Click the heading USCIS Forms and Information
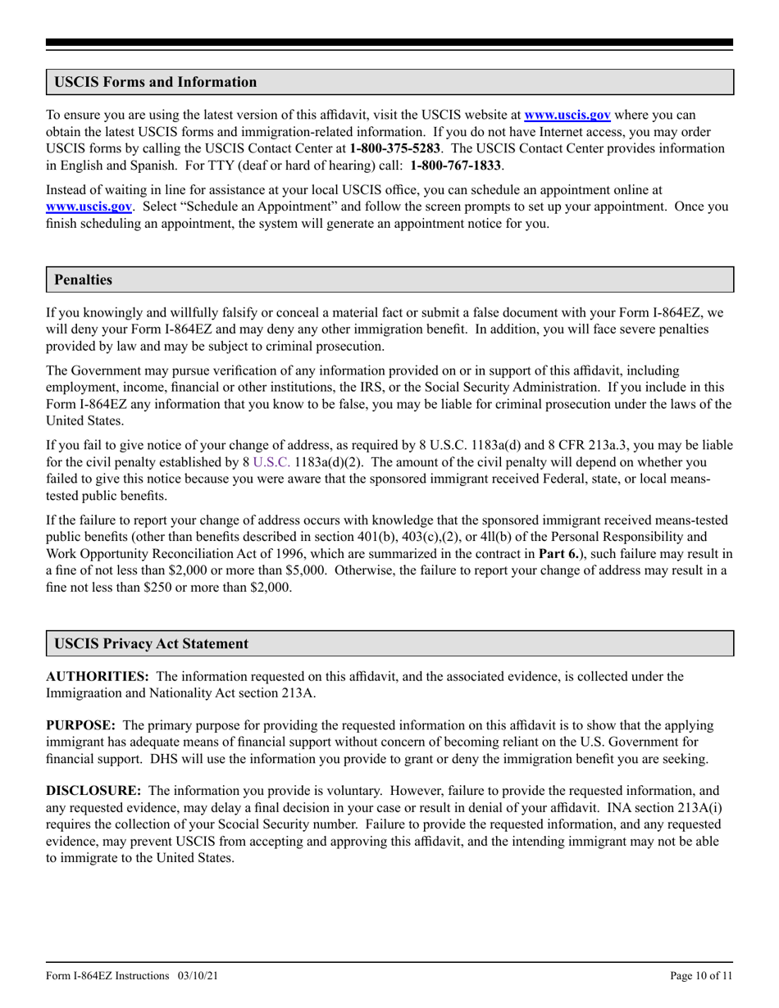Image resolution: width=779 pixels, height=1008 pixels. tap(155, 82)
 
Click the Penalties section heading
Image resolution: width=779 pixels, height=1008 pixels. tap(83, 279)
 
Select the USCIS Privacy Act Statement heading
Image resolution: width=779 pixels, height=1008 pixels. tap(151, 643)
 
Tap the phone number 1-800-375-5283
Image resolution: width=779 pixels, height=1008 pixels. tap(395, 148)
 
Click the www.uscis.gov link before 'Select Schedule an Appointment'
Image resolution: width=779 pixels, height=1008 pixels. tap(89, 207)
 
